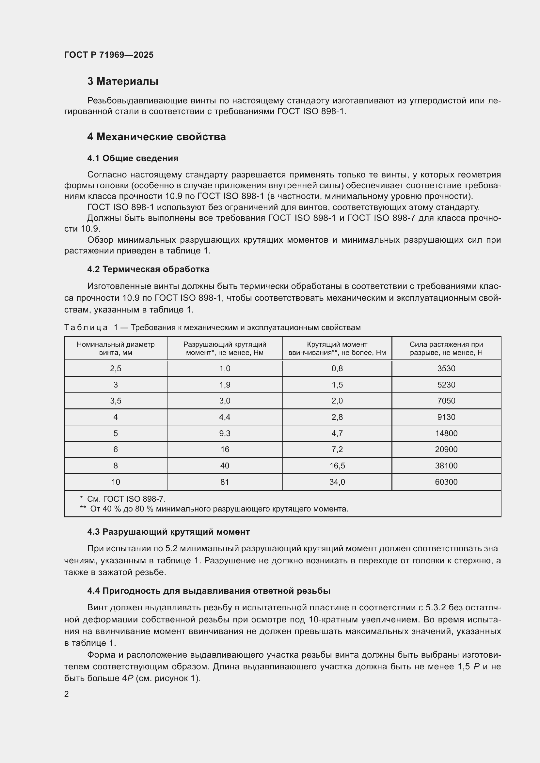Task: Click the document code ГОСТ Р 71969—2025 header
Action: [109, 55]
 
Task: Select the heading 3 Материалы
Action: [123, 81]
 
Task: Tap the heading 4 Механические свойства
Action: [156, 137]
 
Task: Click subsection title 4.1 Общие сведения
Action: [133, 158]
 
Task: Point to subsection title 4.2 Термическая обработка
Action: [148, 269]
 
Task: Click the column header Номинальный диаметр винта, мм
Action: [115, 348]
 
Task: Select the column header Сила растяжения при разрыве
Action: [446, 348]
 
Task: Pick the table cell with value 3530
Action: [446, 369]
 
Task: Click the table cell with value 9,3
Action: [224, 433]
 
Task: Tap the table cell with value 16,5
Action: [337, 465]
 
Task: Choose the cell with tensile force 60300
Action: [446, 482]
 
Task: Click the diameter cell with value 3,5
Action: [115, 401]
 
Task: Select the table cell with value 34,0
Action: [337, 482]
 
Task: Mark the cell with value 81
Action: [224, 482]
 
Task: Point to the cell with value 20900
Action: [446, 449]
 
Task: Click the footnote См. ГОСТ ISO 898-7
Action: [126, 499]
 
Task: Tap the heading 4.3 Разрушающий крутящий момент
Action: [168, 532]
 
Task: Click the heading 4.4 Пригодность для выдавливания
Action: [209, 591]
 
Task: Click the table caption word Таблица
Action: [86, 328]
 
